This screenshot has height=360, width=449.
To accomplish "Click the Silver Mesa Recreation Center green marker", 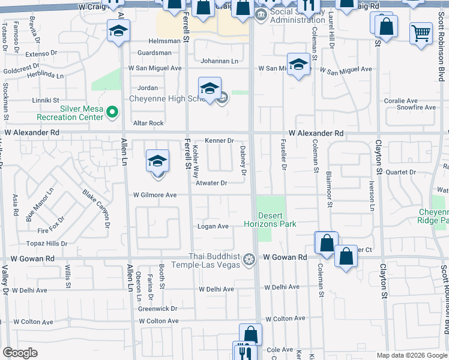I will [x=111, y=112].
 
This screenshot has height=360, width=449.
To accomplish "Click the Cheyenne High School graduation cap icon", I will [x=209, y=89].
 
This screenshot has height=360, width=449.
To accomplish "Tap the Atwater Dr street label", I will [x=212, y=183].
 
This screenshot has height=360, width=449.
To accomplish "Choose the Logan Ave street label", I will [x=214, y=226].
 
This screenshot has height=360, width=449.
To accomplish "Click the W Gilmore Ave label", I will [x=155, y=195].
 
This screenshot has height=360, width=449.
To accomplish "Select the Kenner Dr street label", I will [x=219, y=141].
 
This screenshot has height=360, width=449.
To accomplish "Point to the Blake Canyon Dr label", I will [x=95, y=208].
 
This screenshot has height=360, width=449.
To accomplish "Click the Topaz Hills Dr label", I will [x=47, y=244].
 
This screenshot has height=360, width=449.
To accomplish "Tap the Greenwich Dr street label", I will [x=158, y=309].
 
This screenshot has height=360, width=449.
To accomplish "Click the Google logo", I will [x=20, y=353].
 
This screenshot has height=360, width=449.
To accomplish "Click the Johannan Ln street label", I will [x=219, y=61].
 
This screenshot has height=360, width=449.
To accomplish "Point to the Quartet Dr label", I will [x=400, y=172].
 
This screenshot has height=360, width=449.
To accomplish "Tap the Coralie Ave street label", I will [x=401, y=101].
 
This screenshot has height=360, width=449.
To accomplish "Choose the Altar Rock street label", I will [x=148, y=123].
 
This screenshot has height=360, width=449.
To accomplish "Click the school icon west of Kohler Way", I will [x=157, y=161].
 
